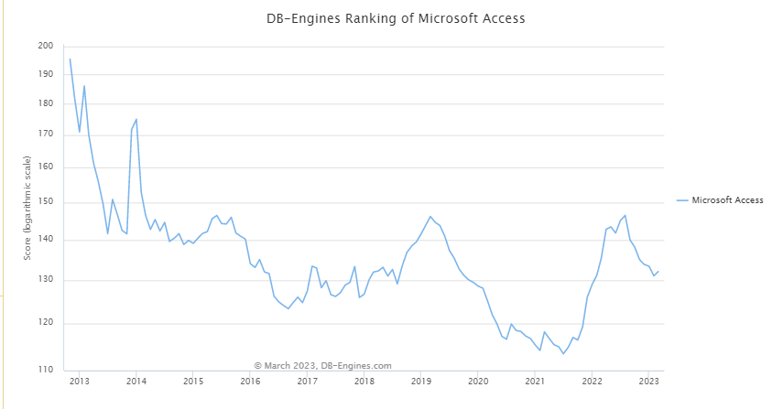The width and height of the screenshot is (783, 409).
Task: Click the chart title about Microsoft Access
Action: coord(390,18)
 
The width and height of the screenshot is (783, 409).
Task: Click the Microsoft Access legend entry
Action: coord(727,200)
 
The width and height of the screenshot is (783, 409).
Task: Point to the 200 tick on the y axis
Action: coord(46,46)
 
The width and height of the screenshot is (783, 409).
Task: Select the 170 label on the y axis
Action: coord(46,135)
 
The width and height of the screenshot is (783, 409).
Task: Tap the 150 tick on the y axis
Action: coord(46,202)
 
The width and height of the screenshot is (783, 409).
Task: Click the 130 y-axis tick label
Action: coord(46,281)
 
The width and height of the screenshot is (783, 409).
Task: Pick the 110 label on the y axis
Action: coord(46,370)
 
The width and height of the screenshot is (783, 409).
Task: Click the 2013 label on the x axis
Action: coord(79,381)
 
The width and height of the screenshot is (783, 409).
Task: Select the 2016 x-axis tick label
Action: coord(250,381)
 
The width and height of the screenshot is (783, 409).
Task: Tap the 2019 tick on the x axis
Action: coord(420,381)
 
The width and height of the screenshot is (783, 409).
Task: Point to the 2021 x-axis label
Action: coord(535,381)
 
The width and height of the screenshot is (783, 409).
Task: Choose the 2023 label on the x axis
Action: coord(648,381)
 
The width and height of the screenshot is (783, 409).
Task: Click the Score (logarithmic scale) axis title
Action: coord(28,208)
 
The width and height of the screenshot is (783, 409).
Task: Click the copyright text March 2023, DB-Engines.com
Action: coord(322,365)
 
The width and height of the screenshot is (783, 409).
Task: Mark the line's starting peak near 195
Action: coord(70,59)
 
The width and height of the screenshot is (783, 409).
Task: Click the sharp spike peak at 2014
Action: coord(136,119)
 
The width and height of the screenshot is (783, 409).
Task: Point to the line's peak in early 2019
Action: coord(430,217)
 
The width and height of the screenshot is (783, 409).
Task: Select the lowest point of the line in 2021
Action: coord(563,353)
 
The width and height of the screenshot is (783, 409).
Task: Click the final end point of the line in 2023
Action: coord(658,271)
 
